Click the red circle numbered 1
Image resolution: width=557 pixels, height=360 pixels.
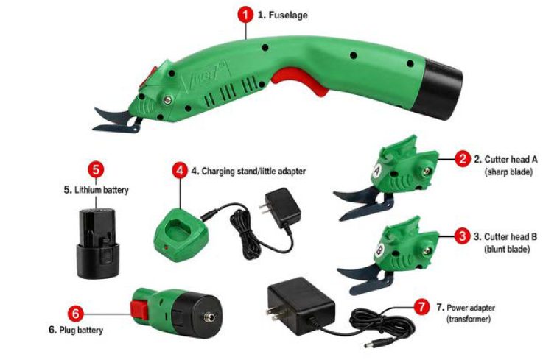coord(245,15)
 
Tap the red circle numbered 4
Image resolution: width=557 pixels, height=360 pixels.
coord(180,170)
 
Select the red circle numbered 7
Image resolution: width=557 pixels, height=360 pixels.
coord(421,306)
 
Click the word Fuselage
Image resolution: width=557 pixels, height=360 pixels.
coord(288,15)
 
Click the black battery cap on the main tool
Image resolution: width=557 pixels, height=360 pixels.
coord(438,90)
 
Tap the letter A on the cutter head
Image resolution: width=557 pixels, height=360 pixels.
coord(377,171)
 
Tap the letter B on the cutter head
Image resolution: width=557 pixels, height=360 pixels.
coord(379,250)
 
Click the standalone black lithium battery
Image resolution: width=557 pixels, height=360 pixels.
coord(98,243)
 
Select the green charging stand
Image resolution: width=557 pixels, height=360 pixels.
coord(180,235)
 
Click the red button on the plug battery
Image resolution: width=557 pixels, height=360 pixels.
coord(139,310)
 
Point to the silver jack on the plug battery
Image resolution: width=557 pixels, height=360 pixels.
coord(207,317)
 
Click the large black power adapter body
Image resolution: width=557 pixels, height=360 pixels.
coord(300,306)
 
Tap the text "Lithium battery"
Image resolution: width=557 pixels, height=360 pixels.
coord(101,190)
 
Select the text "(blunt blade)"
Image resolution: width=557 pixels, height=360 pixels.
coord(507,249)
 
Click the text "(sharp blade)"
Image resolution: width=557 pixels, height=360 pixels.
coord(508,172)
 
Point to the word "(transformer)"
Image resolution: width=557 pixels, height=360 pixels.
coord(469,319)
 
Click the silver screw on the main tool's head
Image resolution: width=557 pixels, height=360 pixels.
coord(167,100)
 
